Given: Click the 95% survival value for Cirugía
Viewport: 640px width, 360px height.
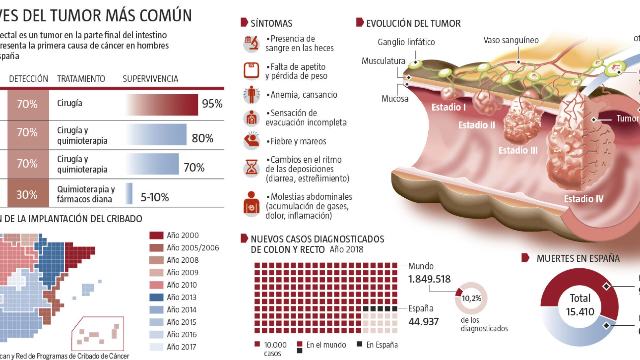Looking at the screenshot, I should pyautogui.click(x=212, y=104).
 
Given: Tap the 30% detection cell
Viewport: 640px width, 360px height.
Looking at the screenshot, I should pyautogui.click(x=27, y=194).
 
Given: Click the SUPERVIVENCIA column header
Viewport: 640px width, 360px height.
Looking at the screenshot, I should pyautogui.click(x=150, y=79).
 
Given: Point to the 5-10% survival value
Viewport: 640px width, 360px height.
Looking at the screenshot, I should pyautogui.click(x=155, y=197).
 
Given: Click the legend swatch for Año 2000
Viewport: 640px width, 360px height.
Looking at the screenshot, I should pyautogui.click(x=156, y=235).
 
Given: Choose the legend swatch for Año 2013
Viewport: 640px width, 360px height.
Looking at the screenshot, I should pyautogui.click(x=156, y=297).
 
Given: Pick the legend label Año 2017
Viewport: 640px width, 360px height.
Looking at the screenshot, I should pyautogui.click(x=181, y=347).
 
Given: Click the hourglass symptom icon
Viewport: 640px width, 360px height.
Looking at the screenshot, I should pyautogui.click(x=251, y=168).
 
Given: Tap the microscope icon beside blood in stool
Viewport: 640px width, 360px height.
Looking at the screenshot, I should pyautogui.click(x=251, y=44).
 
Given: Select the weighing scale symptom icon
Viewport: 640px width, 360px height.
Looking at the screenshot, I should pyautogui.click(x=251, y=71).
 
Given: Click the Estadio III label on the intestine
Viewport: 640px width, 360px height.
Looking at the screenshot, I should pyautogui.click(x=518, y=150).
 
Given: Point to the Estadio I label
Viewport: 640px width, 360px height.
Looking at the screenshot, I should pyautogui.click(x=449, y=107).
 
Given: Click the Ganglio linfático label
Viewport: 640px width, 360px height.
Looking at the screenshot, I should pyautogui.click(x=406, y=42).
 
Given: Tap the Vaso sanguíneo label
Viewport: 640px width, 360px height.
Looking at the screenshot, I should pyautogui.click(x=511, y=40).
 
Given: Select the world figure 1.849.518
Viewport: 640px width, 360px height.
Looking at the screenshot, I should pyautogui.click(x=429, y=279).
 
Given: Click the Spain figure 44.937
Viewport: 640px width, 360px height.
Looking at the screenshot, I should pyautogui.click(x=424, y=322).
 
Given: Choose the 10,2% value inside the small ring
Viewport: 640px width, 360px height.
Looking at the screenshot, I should pyautogui.click(x=471, y=298).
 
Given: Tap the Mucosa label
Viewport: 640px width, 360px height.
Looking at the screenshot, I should pyautogui.click(x=395, y=99).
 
